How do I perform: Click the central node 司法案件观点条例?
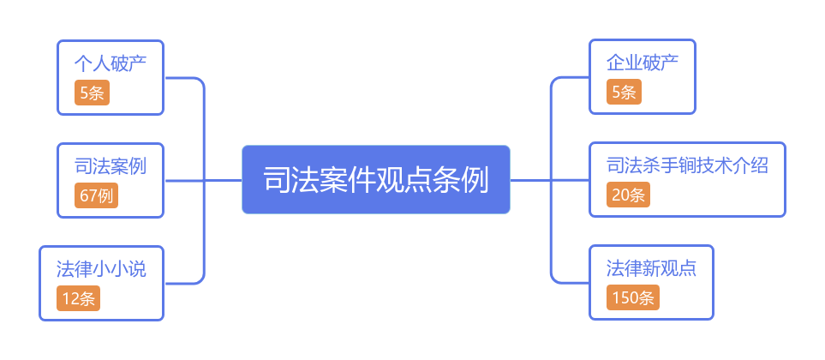coord(375,180)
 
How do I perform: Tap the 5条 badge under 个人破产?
coord(92,93)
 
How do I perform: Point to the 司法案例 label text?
coord(110,165)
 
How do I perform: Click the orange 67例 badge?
coord(96,195)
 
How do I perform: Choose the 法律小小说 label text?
coord(101,269)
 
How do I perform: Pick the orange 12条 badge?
coord(79,298)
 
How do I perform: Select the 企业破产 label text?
coord(643,63)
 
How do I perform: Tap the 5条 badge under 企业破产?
coord(624,92)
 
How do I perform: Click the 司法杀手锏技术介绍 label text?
coord(687,165)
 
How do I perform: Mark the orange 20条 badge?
coord(629,195)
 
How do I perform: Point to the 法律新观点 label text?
coord(651,268)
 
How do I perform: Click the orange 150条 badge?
coord(633,297)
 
